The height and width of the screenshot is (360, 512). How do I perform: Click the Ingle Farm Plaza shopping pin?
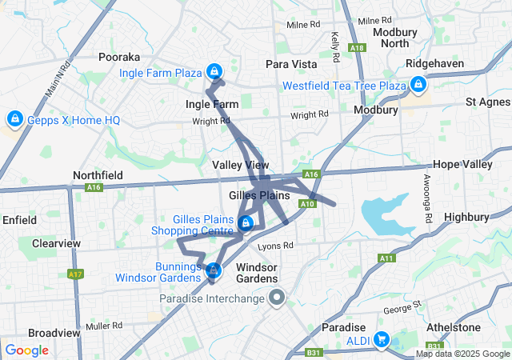point(214,71)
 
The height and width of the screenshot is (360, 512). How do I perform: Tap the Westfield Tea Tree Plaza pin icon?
point(418,84)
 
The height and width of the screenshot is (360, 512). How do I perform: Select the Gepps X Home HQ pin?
point(14,119)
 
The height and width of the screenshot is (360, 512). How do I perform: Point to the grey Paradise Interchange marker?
point(277,298)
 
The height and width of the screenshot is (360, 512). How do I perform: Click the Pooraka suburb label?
point(119,58)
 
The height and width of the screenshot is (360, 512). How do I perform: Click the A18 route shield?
point(357,48)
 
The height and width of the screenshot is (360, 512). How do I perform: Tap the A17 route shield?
point(76,274)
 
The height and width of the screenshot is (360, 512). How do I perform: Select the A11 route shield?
point(387,258)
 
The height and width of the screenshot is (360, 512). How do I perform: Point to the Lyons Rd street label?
point(276,246)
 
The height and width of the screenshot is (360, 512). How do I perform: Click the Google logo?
point(27,350)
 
